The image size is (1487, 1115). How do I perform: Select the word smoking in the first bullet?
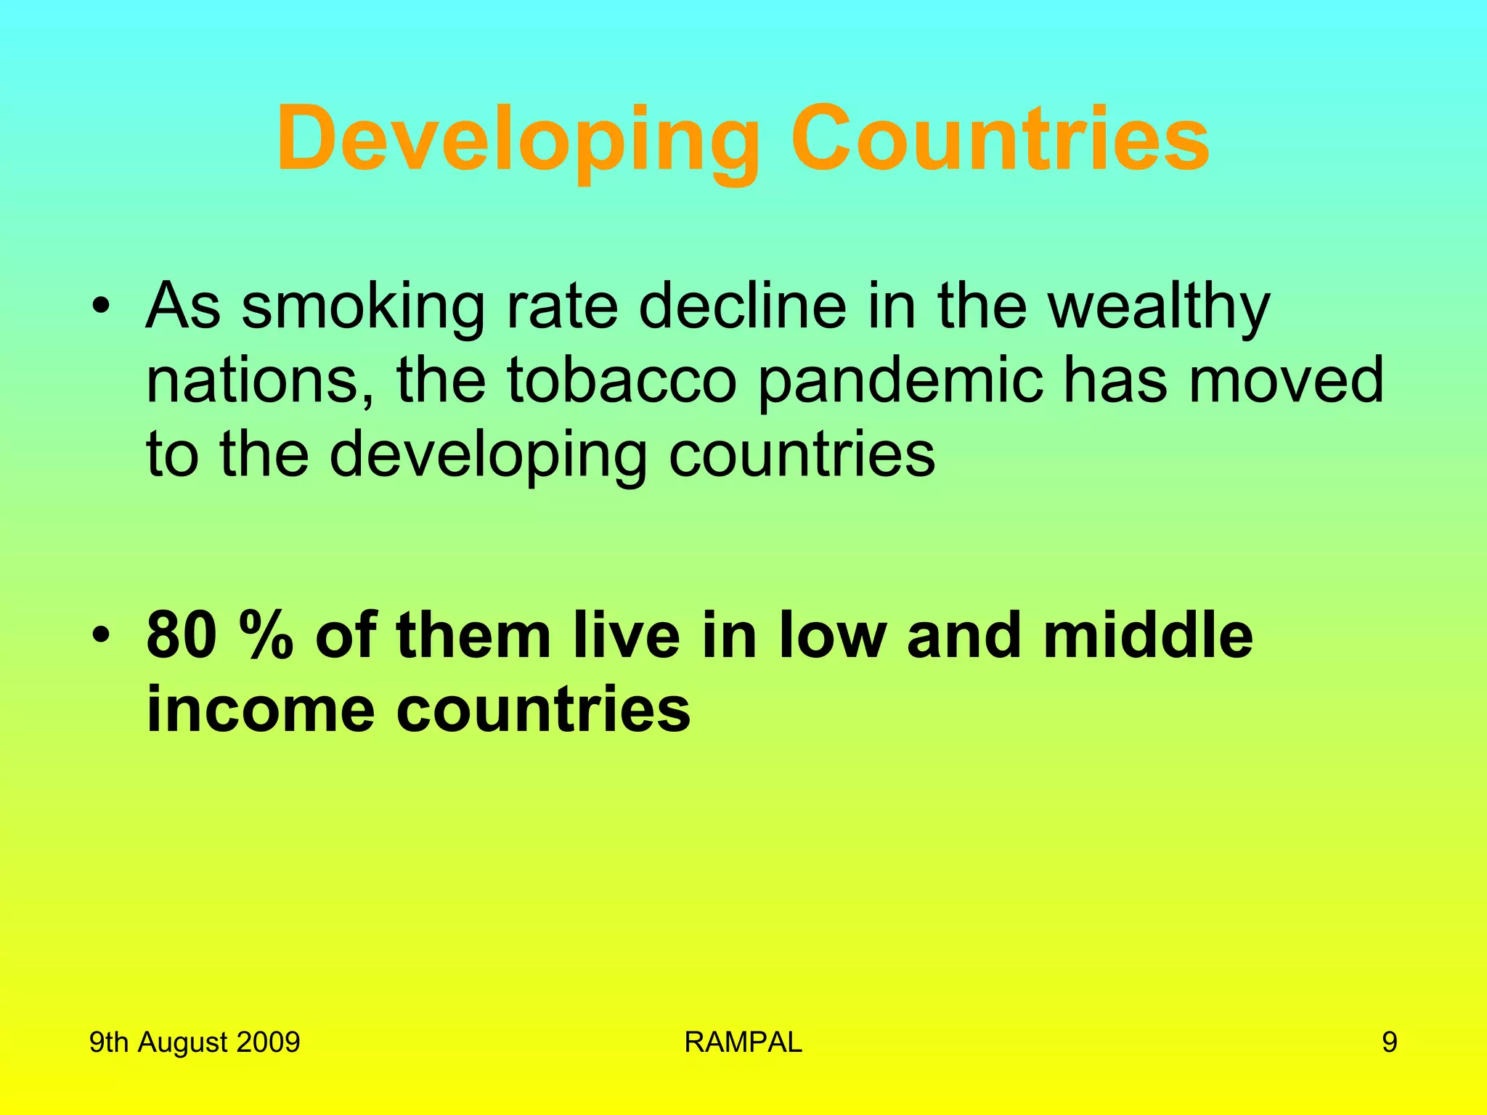click(x=363, y=306)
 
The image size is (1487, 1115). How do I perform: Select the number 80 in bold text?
click(x=182, y=634)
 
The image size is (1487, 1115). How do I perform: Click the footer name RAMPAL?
click(x=743, y=1042)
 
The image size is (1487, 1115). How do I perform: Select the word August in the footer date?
click(x=182, y=1042)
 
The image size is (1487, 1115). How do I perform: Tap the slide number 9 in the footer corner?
click(x=1389, y=1042)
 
